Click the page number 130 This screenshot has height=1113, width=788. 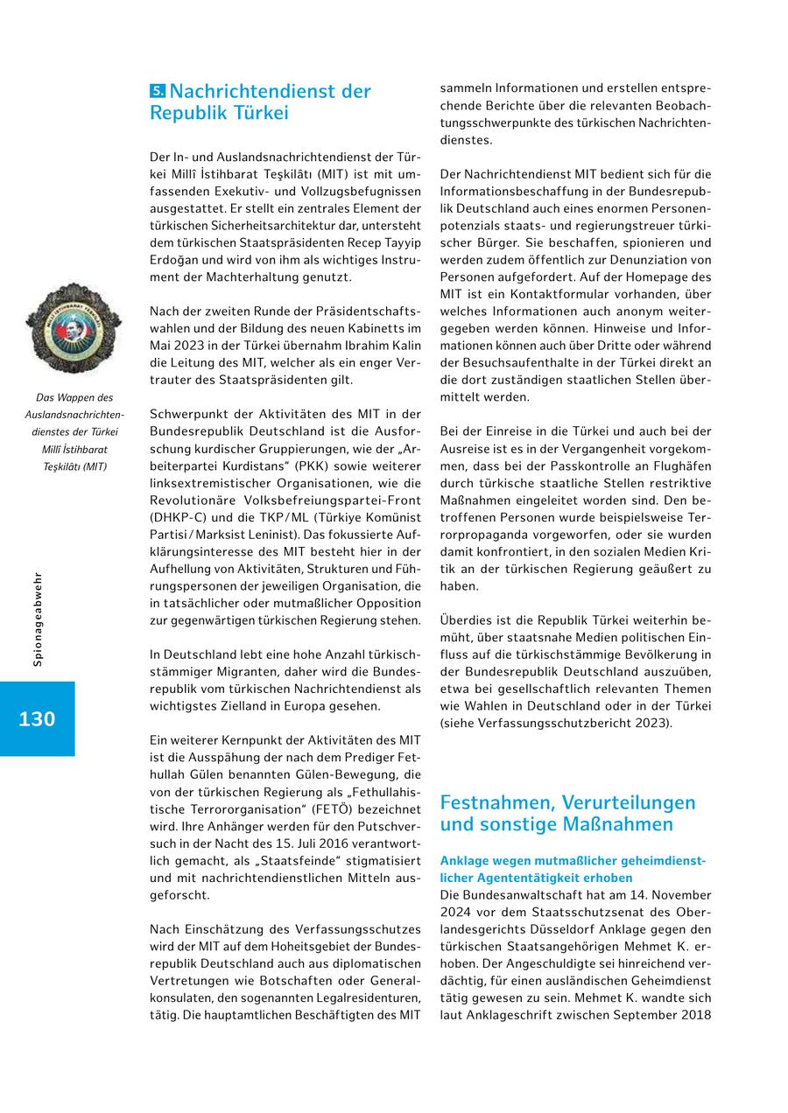(x=37, y=719)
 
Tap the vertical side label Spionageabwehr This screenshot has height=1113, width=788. (x=38, y=619)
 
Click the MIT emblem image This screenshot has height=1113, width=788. (x=74, y=328)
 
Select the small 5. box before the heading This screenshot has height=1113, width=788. (x=158, y=91)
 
